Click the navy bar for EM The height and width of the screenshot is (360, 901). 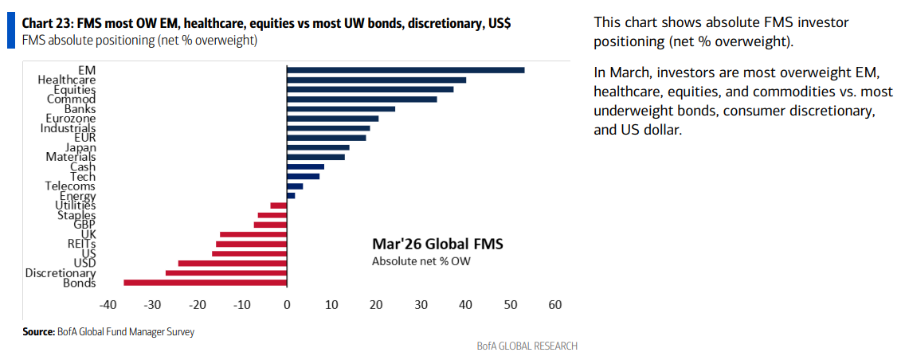pyautogui.click(x=405, y=70)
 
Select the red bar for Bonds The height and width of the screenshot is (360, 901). pyautogui.click(x=206, y=283)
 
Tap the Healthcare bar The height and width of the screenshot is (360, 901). pyautogui.click(x=376, y=80)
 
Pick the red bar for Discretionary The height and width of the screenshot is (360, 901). pyautogui.click(x=225, y=272)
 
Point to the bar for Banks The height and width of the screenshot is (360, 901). pyautogui.click(x=341, y=108)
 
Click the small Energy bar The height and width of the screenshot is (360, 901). pyautogui.click(x=291, y=196)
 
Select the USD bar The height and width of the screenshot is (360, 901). pyautogui.click(x=233, y=263)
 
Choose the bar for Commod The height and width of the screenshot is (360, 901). pyautogui.click(x=362, y=100)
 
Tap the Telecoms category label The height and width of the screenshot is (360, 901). pyautogui.click(x=70, y=186)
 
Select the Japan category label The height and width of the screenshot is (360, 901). pyautogui.click(x=80, y=147)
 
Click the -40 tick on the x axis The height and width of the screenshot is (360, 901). pyautogui.click(x=108, y=305)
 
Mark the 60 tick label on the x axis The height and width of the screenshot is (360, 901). pyautogui.click(x=554, y=305)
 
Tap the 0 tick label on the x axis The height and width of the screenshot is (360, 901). pyautogui.click(x=287, y=305)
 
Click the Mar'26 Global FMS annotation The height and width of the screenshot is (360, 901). pyautogui.click(x=437, y=244)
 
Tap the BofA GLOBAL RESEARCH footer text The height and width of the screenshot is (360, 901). pyautogui.click(x=527, y=346)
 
